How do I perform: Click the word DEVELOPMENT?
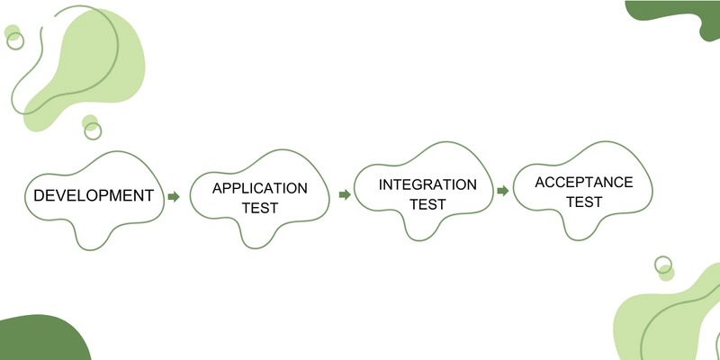tap(94, 195)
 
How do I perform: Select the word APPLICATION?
tap(260, 188)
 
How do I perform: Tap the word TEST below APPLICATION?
tap(260, 208)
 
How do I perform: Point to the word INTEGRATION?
tap(427, 184)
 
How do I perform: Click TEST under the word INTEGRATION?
tap(427, 204)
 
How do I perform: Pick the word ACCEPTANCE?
tap(583, 183)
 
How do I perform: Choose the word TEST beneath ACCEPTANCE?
tap(584, 202)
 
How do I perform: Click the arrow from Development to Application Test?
tap(174, 196)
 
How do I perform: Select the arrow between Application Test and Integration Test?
tap(345, 194)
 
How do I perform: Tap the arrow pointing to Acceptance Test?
tap(503, 191)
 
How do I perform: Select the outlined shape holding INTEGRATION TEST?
tap(354, 188)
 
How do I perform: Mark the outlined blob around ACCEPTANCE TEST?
tap(513, 188)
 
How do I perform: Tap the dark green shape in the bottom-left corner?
tap(41, 339)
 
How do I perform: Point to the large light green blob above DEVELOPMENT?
tap(92, 64)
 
